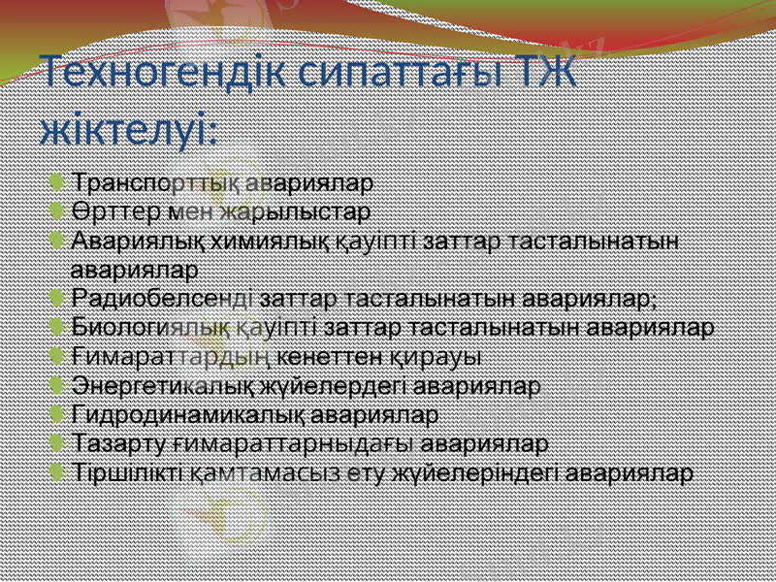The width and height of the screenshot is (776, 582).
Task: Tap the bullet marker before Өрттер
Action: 61,210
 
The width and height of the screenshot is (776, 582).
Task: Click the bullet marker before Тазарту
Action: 61,443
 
